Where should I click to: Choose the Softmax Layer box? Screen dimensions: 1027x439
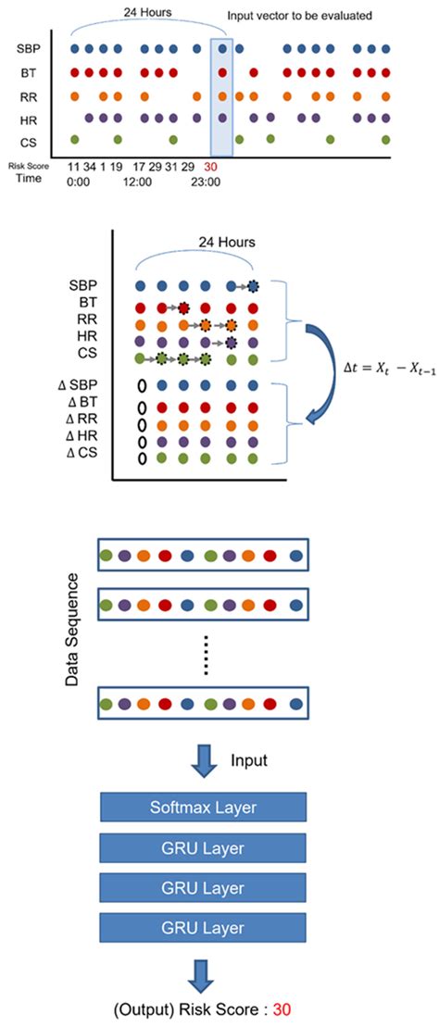[202, 808]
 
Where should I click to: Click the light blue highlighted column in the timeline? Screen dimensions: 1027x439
[221, 97]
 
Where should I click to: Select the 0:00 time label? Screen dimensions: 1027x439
[80, 182]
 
